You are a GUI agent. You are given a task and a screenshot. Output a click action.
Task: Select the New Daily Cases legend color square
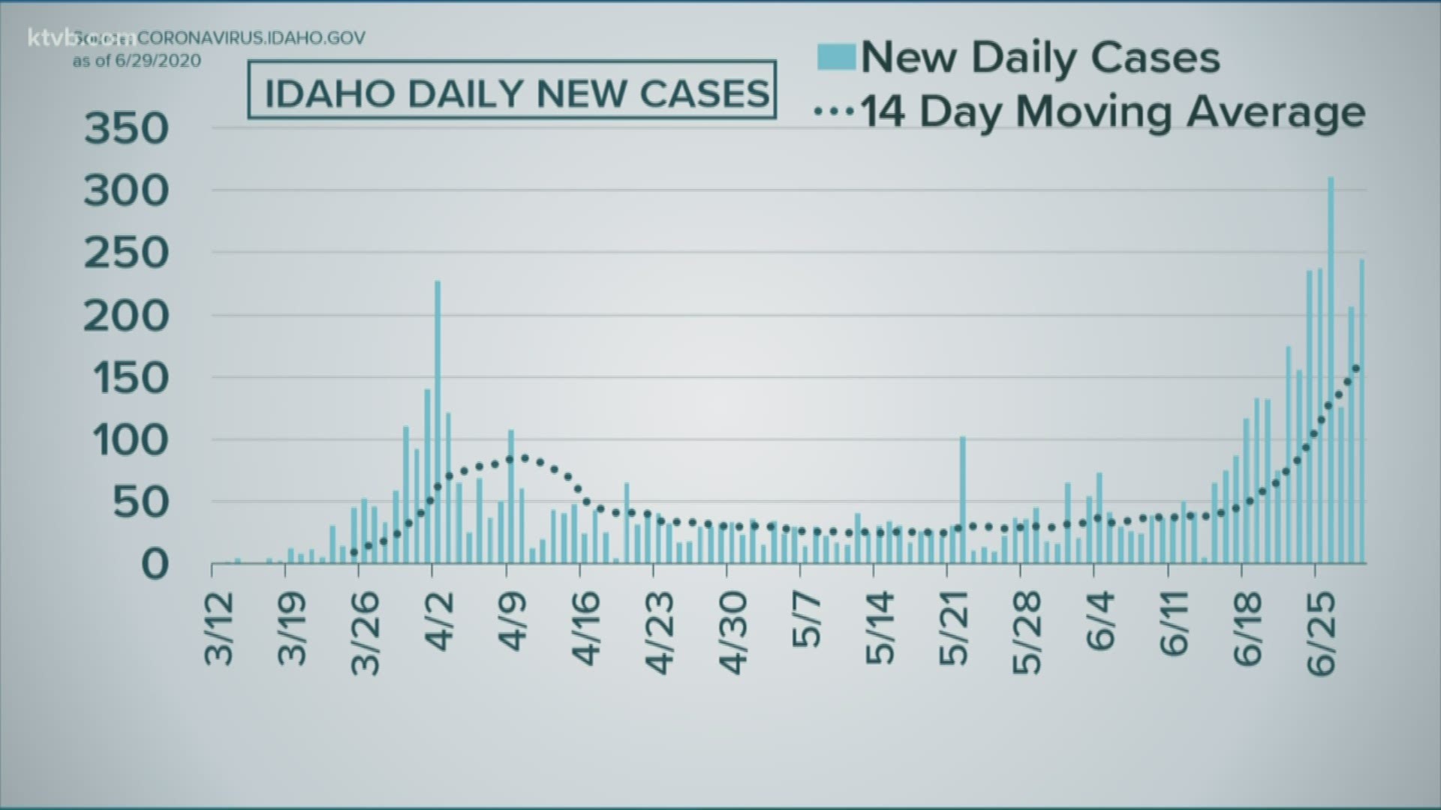coord(836,57)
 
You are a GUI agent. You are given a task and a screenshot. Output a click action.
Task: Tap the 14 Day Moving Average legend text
coord(1112,112)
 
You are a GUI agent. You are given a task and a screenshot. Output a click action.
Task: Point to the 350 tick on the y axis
coord(127,129)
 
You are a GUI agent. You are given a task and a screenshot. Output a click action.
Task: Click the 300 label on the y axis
coord(127,191)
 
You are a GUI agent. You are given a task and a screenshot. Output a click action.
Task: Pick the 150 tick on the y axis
coord(127,378)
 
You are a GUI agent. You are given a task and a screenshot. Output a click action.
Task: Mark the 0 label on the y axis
coord(154,564)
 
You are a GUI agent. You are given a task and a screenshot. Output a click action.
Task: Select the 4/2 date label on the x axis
coord(441,622)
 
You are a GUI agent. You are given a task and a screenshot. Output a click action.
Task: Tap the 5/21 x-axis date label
coord(955,628)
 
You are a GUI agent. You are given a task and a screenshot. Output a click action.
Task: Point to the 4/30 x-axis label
coord(735,631)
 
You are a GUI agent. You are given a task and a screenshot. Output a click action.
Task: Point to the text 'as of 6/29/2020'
coord(137,61)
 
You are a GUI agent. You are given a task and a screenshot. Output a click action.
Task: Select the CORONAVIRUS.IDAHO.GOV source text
coord(251,37)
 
